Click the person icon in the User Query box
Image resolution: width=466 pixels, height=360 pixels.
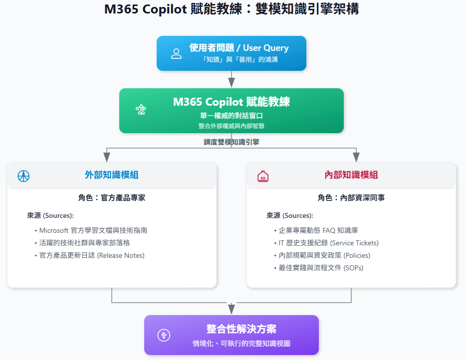(x=176, y=54)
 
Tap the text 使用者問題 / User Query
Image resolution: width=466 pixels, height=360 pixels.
(x=239, y=48)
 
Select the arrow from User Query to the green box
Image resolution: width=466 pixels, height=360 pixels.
(x=232, y=79)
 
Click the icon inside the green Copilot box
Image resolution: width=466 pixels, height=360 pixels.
(x=141, y=110)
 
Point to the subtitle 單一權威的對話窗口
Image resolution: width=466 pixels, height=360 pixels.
(x=231, y=115)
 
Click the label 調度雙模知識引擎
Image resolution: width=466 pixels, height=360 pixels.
(x=232, y=142)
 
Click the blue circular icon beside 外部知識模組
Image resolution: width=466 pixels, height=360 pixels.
(x=23, y=176)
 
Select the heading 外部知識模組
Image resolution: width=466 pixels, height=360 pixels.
(x=112, y=175)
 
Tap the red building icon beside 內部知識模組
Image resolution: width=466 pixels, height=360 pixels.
(x=263, y=176)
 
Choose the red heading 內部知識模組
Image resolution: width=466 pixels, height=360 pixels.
(x=351, y=175)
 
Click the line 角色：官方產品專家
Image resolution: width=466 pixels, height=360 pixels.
(x=112, y=198)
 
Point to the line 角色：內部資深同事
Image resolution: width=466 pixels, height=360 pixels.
(x=351, y=198)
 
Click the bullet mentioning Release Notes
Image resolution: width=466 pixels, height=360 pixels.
(x=92, y=255)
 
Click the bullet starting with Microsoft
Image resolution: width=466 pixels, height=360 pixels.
(x=93, y=230)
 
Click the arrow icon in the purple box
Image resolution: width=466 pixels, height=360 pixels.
(x=164, y=335)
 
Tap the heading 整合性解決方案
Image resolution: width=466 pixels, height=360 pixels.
(x=241, y=329)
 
